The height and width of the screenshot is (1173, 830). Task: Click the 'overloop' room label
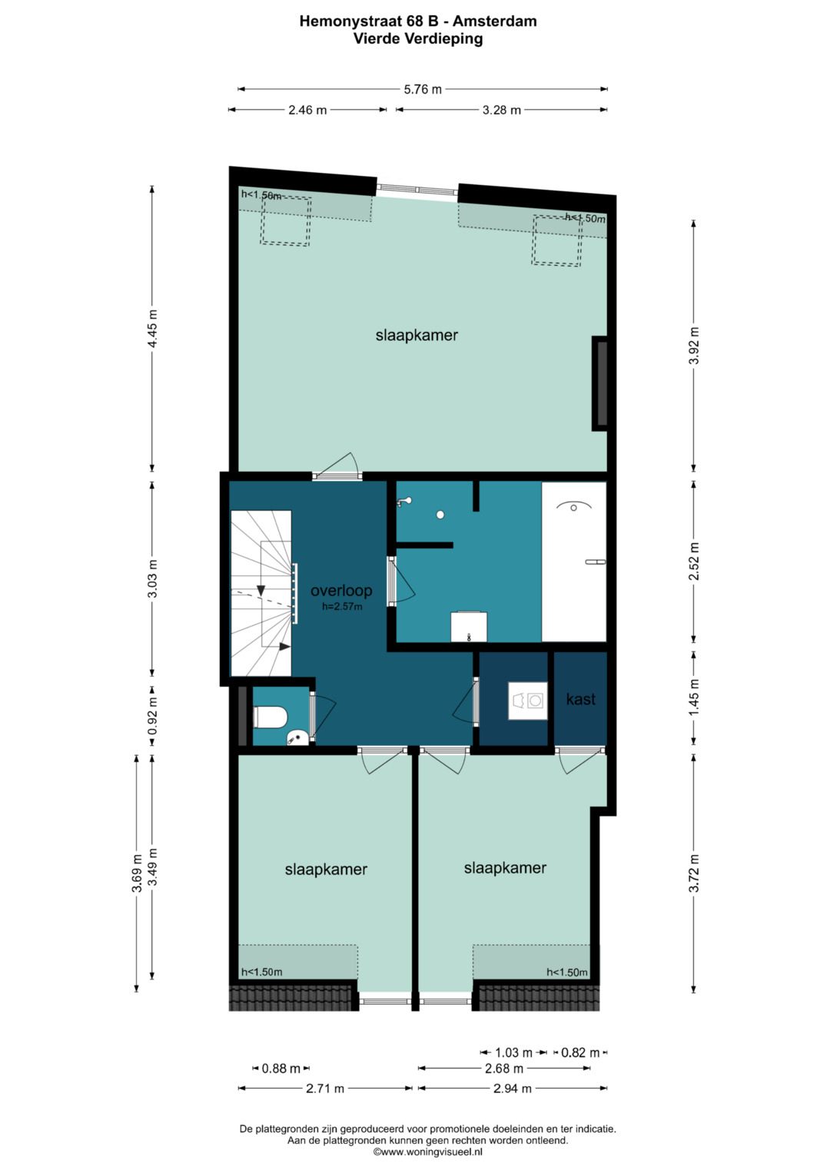click(x=341, y=591)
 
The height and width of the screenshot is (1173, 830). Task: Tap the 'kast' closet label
click(x=580, y=699)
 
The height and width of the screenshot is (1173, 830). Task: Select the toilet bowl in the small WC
click(x=271, y=717)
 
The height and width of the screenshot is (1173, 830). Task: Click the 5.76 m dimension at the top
click(x=423, y=90)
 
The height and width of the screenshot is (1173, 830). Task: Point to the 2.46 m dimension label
click(x=307, y=110)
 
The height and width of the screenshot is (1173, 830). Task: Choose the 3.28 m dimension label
click(x=501, y=110)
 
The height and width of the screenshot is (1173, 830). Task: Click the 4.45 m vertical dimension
click(x=152, y=328)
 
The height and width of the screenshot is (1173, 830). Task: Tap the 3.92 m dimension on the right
click(x=694, y=346)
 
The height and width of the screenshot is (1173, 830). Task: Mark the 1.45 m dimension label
click(x=694, y=698)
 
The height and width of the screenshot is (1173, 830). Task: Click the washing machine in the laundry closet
click(x=528, y=701)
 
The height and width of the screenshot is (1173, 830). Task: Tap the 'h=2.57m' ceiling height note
click(x=342, y=607)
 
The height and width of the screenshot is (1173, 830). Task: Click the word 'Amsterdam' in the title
click(x=495, y=22)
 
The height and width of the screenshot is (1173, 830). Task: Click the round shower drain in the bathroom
click(x=440, y=515)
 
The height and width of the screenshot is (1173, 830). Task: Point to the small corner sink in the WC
click(x=297, y=738)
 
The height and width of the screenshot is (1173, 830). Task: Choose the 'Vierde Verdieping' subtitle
click(x=417, y=38)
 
